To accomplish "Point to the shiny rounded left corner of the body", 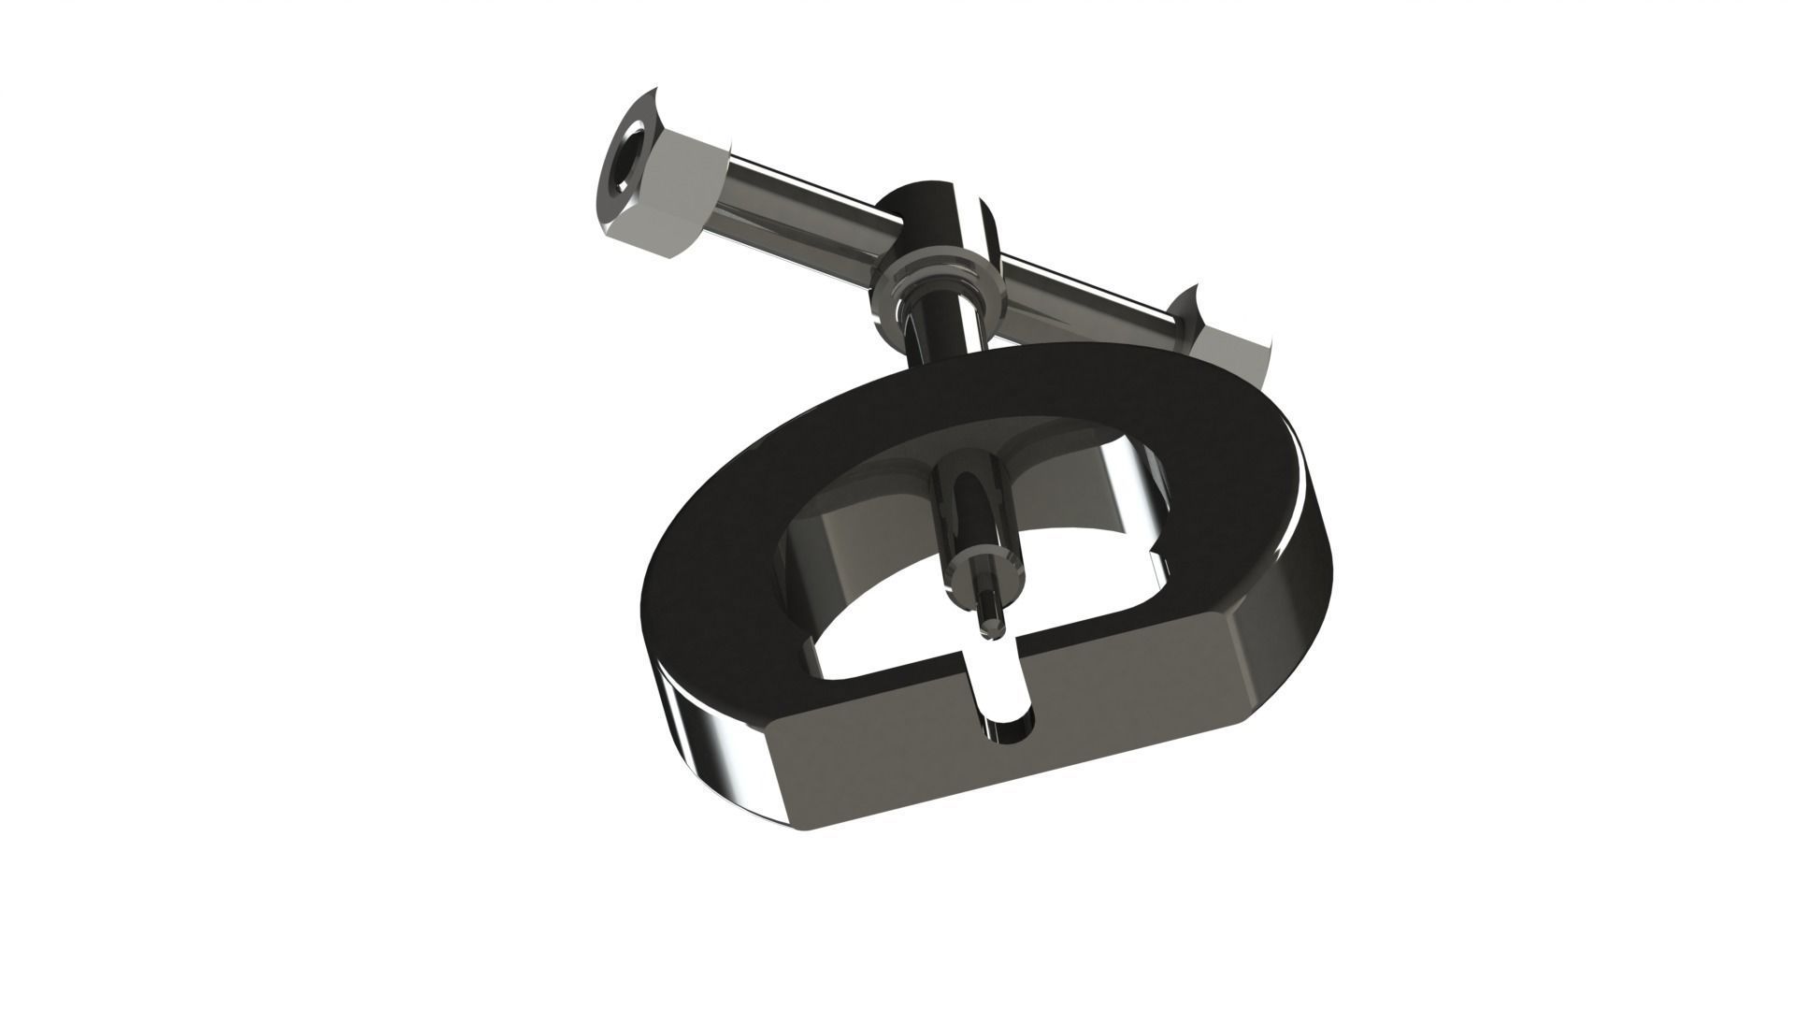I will (x=720, y=739).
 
